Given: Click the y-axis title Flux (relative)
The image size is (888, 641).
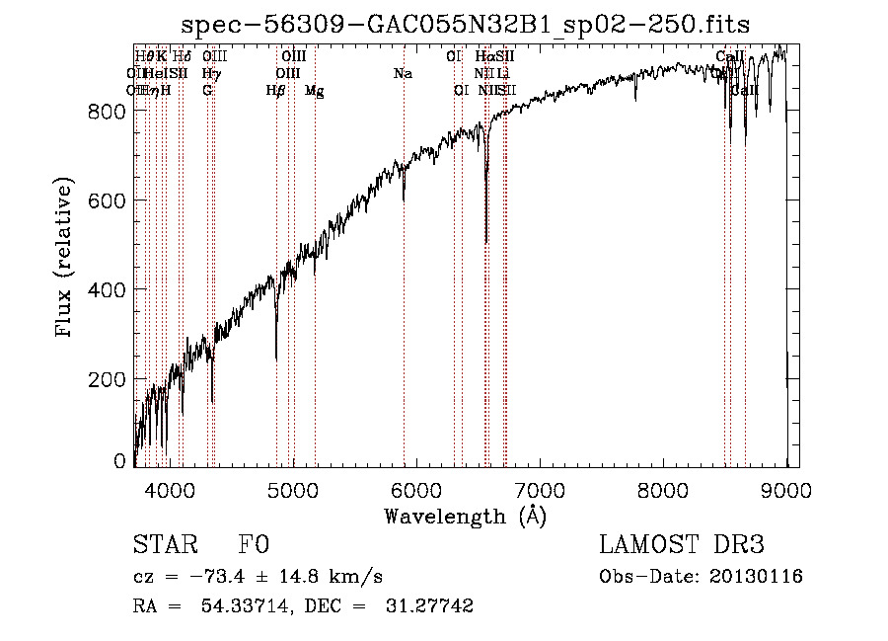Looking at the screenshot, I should [x=66, y=258].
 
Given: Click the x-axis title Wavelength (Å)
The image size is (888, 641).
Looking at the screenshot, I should [x=465, y=516].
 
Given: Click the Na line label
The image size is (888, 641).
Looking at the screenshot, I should [x=403, y=74].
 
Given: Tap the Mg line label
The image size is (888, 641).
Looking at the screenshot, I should [x=314, y=91].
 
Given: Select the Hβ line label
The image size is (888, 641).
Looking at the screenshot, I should [x=276, y=91].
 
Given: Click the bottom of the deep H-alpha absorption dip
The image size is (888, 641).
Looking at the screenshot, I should [x=485, y=241].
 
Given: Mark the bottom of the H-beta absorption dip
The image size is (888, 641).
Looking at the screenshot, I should [x=276, y=358].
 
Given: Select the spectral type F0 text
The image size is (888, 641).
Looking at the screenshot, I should [x=254, y=545].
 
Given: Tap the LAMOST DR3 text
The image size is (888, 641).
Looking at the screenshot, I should [x=682, y=545].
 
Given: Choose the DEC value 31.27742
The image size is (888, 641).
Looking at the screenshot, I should [x=429, y=606].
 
